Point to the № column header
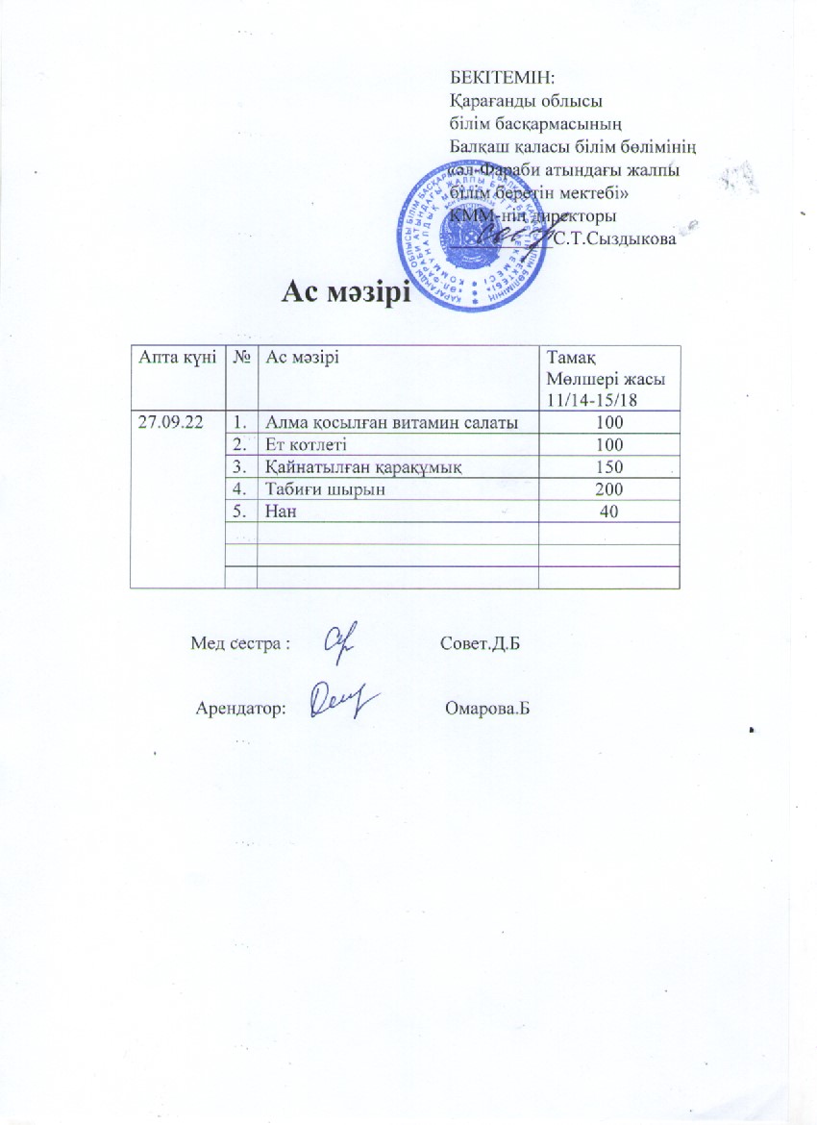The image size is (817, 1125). click(242, 358)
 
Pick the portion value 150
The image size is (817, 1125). click(608, 467)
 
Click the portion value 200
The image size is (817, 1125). click(608, 489)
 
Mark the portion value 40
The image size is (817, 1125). click(608, 512)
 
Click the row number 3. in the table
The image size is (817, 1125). click(242, 467)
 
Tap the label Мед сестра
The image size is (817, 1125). click(240, 643)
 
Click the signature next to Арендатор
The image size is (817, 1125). click(343, 702)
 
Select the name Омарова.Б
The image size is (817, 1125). click(488, 710)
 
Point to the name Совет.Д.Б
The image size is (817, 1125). click(485, 642)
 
